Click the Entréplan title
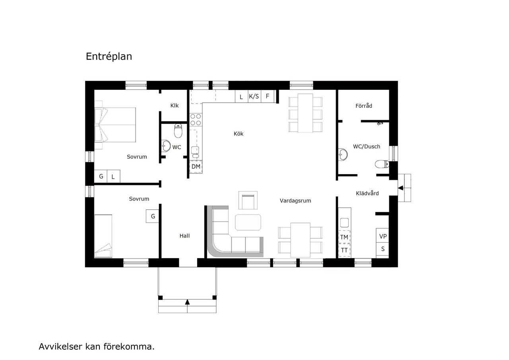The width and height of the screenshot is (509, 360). coord(109,56)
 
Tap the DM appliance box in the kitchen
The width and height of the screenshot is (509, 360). coord(196,166)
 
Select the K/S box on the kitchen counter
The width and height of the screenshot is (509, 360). coord(254,96)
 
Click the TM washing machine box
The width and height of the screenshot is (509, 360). coord(344,237)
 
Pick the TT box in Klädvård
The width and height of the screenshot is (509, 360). coord(344,250)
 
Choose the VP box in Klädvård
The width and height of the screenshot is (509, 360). coord(383,236)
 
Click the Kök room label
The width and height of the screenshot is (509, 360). coord(238,134)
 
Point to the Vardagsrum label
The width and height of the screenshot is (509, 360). coord(295,201)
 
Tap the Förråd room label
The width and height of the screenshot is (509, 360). coord(363,106)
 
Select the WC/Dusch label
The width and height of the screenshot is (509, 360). coord(366,146)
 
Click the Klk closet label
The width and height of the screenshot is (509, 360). coord(174,105)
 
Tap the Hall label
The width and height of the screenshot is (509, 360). coord(184,236)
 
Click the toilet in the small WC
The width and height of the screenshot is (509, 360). coord(178,130)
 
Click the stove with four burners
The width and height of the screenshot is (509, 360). coord(195,120)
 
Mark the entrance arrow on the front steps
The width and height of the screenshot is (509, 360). coord(187,302)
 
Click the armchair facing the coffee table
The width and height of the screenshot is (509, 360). coord(248,200)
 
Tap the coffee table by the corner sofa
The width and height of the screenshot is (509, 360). coord(248,222)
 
